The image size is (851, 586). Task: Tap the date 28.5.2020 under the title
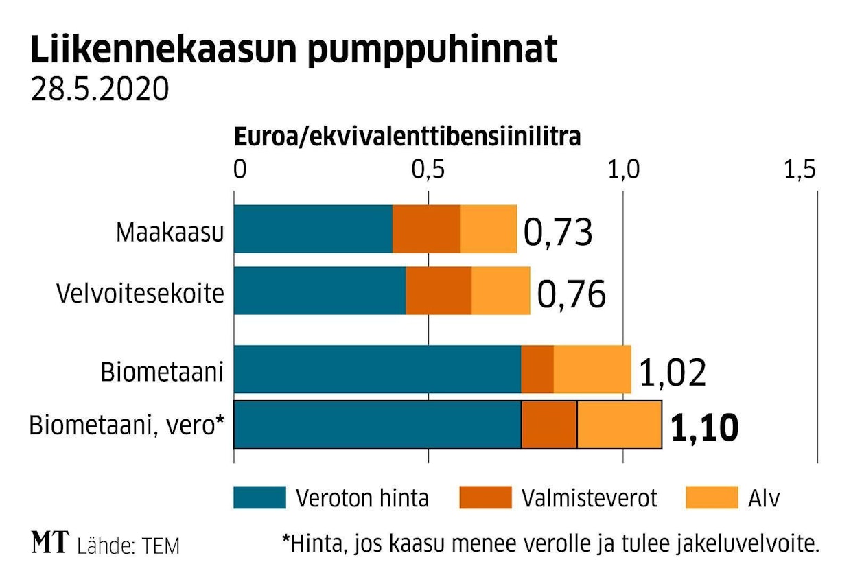coord(100,90)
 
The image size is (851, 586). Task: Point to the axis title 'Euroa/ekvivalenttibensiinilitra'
coord(408,137)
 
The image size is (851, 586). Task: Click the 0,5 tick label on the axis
coord(428,169)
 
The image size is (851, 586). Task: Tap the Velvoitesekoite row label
coord(140,293)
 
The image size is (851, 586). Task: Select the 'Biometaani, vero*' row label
coord(127,426)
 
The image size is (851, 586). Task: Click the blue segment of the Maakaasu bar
coord(313,229)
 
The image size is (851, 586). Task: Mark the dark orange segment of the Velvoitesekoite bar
coord(439,290)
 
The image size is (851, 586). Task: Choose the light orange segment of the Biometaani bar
coord(592,370)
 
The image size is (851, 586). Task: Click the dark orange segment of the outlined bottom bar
coord(549,425)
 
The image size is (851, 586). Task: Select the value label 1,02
coord(672,373)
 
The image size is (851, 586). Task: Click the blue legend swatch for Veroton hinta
coord(259,497)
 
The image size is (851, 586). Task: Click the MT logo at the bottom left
coord(50,544)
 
